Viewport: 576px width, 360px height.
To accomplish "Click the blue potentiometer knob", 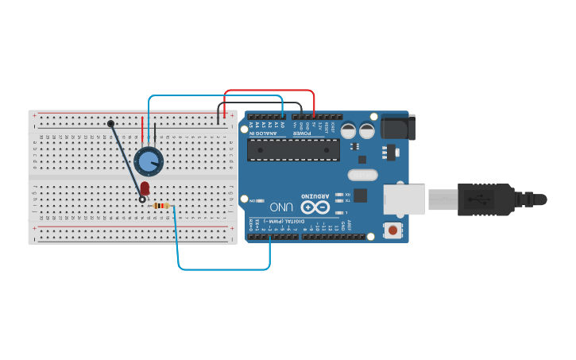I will tap(149, 161).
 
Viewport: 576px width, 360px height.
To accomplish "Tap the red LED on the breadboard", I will tap(145, 188).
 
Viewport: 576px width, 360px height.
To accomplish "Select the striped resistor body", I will tap(161, 206).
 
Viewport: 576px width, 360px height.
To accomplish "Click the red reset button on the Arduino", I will tap(392, 230).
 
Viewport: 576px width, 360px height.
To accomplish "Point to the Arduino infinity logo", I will tap(315, 207).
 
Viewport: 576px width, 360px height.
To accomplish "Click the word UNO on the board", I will tap(281, 207).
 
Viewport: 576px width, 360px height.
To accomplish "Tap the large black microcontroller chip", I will tap(293, 149).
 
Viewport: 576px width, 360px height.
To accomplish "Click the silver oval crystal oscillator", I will tap(362, 174).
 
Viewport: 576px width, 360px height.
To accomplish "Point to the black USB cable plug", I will tap(485, 199).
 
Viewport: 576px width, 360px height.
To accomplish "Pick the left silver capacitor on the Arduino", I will tap(349, 130).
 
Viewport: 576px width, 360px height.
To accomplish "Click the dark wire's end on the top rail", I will tap(110, 123).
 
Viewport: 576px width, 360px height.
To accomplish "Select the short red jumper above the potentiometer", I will tap(143, 129).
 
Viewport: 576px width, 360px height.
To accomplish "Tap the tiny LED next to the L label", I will tap(339, 212).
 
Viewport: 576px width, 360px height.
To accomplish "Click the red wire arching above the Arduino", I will tap(270, 91).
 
